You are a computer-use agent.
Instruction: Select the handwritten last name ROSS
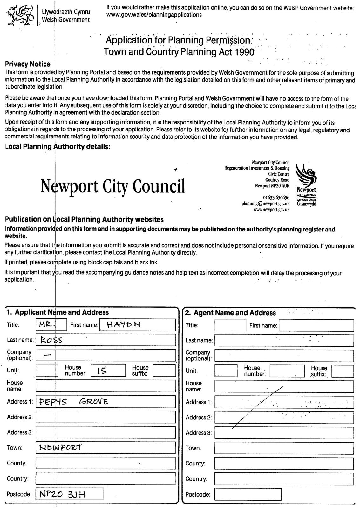[49, 340]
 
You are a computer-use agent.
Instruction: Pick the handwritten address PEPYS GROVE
[73, 402]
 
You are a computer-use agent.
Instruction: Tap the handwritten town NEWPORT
[60, 448]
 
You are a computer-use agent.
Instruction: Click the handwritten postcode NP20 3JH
[62, 494]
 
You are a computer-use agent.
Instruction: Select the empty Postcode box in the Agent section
[248, 494]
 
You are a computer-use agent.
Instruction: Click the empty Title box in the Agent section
[230, 325]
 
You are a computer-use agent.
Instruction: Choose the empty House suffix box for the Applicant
[164, 371]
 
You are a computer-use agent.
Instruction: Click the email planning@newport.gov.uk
[265, 204]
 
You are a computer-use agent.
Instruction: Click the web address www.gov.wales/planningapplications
[154, 15]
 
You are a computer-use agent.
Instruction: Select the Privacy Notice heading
[28, 64]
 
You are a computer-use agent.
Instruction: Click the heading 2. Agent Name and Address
[230, 313]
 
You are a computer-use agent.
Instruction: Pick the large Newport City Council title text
[113, 186]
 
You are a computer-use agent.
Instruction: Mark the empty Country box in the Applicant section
[105, 478]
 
